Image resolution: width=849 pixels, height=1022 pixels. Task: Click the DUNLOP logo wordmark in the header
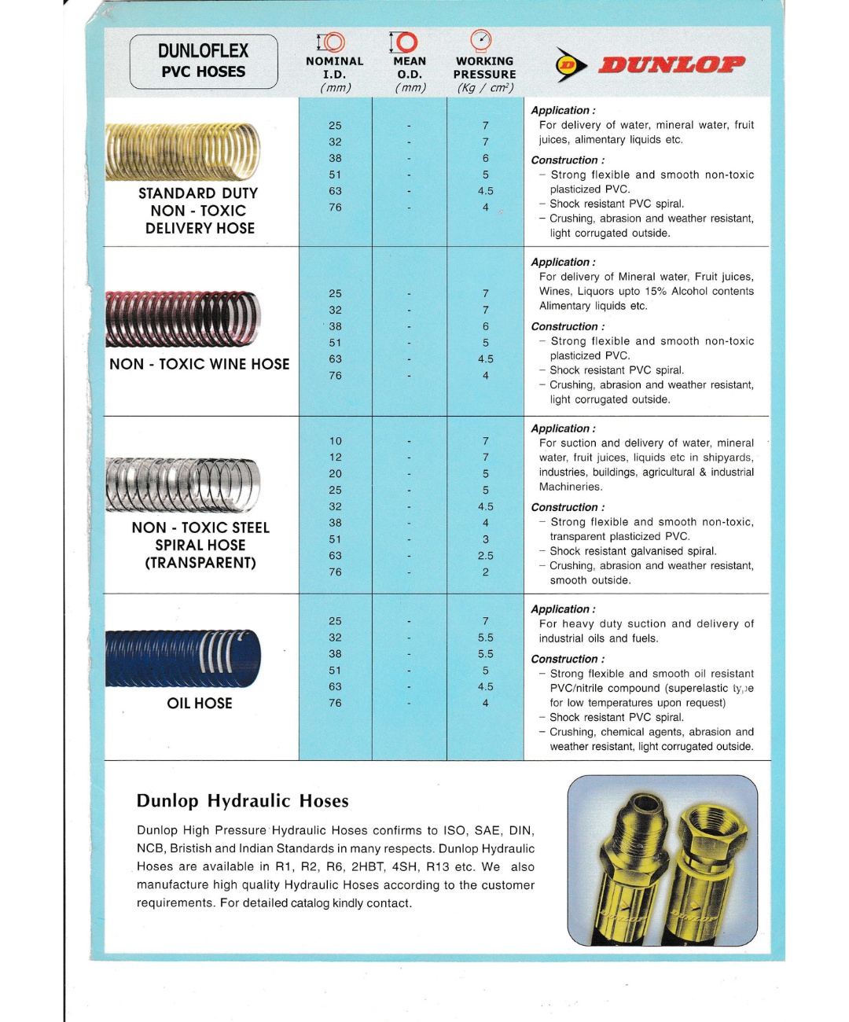pyautogui.click(x=672, y=64)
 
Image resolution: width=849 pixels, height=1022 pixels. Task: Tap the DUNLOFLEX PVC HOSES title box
pyautogui.click(x=204, y=61)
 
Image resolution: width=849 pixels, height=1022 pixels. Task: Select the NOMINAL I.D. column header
pyautogui.click(x=335, y=67)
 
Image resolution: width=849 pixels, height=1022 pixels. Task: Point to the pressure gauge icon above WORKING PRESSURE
pyautogui.click(x=480, y=40)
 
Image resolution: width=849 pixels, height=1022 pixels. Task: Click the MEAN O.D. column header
pyautogui.click(x=410, y=67)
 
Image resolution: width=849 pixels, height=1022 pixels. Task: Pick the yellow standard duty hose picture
pyautogui.click(x=183, y=152)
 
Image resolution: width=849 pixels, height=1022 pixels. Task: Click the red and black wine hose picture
pyautogui.click(x=183, y=318)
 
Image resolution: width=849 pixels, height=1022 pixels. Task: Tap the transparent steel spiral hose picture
pyautogui.click(x=183, y=485)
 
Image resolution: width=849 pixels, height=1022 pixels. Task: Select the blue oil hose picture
pyautogui.click(x=183, y=657)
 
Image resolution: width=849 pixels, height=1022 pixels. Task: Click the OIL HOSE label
pyautogui.click(x=200, y=704)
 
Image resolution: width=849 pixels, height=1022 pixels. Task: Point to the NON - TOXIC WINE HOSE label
pyautogui.click(x=200, y=364)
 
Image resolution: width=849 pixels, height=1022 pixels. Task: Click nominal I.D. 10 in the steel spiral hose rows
pyautogui.click(x=336, y=441)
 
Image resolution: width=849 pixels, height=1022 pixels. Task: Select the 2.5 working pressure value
pyautogui.click(x=486, y=556)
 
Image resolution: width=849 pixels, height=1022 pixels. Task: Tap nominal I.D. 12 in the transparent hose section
pyautogui.click(x=336, y=458)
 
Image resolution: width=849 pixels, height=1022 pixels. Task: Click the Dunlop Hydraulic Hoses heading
pyautogui.click(x=242, y=801)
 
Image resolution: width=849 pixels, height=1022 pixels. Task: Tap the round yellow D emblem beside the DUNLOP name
pyautogui.click(x=570, y=65)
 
